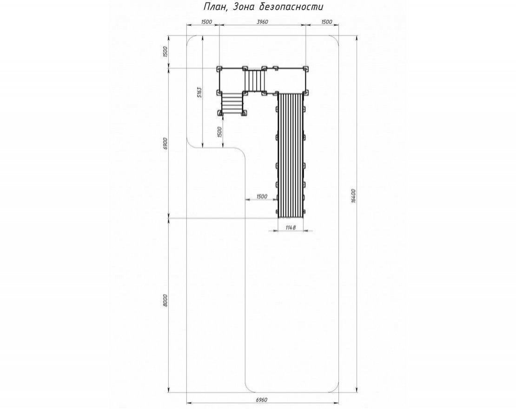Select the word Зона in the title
tap(243, 7)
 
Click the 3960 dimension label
tap(262, 22)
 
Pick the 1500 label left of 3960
tap(206, 22)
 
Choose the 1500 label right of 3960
tap(326, 22)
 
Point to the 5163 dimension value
tap(199, 93)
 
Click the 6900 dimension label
tap(165, 144)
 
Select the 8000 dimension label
tap(165, 300)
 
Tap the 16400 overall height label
tap(353, 195)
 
